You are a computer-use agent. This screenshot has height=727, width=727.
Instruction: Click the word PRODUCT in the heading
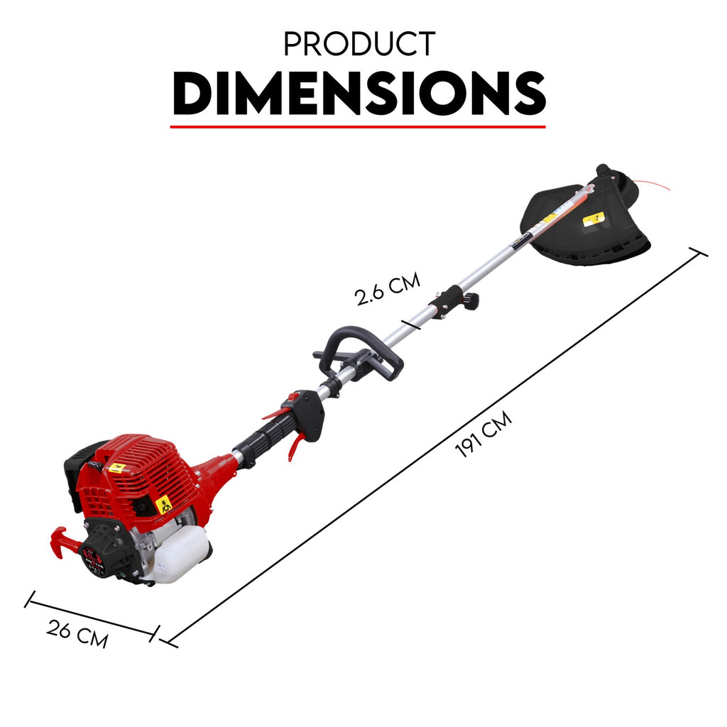(359, 44)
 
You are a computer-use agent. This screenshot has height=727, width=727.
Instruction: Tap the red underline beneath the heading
(358, 126)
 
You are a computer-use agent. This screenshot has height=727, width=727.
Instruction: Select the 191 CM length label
(483, 434)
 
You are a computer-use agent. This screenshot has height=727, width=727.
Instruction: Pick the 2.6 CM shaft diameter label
(387, 288)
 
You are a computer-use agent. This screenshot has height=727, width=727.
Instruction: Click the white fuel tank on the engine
(178, 555)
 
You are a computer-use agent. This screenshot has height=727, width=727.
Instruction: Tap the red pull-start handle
(62, 542)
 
